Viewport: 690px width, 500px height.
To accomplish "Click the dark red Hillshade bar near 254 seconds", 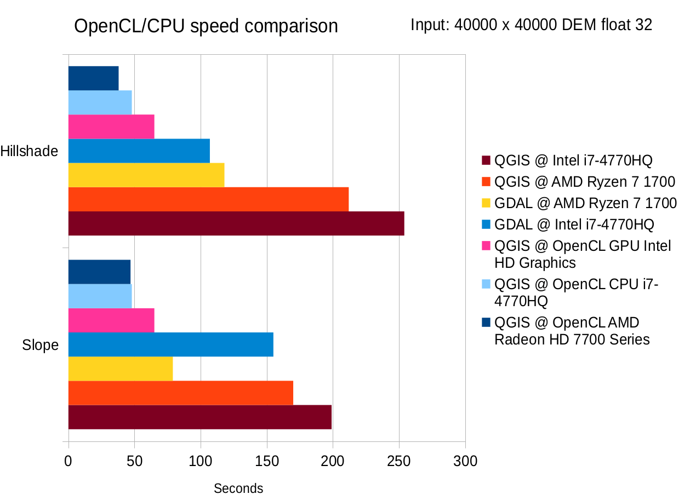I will [x=236, y=223].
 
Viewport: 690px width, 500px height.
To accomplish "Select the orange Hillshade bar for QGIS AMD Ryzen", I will [x=208, y=199].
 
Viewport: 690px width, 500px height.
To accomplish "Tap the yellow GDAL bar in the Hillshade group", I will [x=146, y=175].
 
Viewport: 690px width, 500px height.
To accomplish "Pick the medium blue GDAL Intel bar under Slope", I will [x=170, y=344].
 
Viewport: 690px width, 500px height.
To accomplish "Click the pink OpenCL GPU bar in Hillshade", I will [x=111, y=127].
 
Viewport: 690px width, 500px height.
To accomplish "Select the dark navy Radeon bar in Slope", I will [x=99, y=272].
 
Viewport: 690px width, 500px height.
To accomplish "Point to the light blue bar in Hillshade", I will [x=100, y=102].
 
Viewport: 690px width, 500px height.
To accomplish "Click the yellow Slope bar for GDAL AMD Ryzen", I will [x=120, y=369].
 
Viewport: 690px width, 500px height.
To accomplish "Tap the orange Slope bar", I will [x=180, y=393].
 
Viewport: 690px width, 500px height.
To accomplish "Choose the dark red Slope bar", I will [x=199, y=417].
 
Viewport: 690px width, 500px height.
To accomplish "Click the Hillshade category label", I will [x=30, y=151].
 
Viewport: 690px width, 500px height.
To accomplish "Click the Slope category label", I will [x=40, y=345].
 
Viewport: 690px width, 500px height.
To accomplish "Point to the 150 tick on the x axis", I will [x=266, y=461].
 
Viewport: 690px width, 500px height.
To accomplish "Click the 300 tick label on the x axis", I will [x=465, y=461].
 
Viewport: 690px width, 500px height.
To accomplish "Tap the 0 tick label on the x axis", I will [x=68, y=461].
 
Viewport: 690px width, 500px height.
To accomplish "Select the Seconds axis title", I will [x=238, y=488].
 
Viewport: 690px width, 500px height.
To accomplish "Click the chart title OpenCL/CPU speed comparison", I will [x=206, y=26].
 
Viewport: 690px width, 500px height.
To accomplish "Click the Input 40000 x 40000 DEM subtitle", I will [x=531, y=25].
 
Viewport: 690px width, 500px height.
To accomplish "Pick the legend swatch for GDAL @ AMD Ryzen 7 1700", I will [x=486, y=203].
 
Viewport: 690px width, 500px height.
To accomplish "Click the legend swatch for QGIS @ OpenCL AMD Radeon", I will [x=486, y=323].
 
